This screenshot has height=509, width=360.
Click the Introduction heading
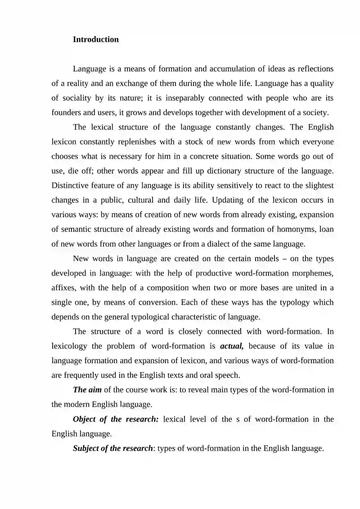click(x=95, y=40)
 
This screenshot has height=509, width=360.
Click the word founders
click(x=67, y=113)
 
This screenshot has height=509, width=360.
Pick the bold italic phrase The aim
click(x=87, y=390)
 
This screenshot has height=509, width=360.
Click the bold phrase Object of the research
click(x=116, y=419)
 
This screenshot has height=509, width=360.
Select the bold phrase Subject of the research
click(x=113, y=448)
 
